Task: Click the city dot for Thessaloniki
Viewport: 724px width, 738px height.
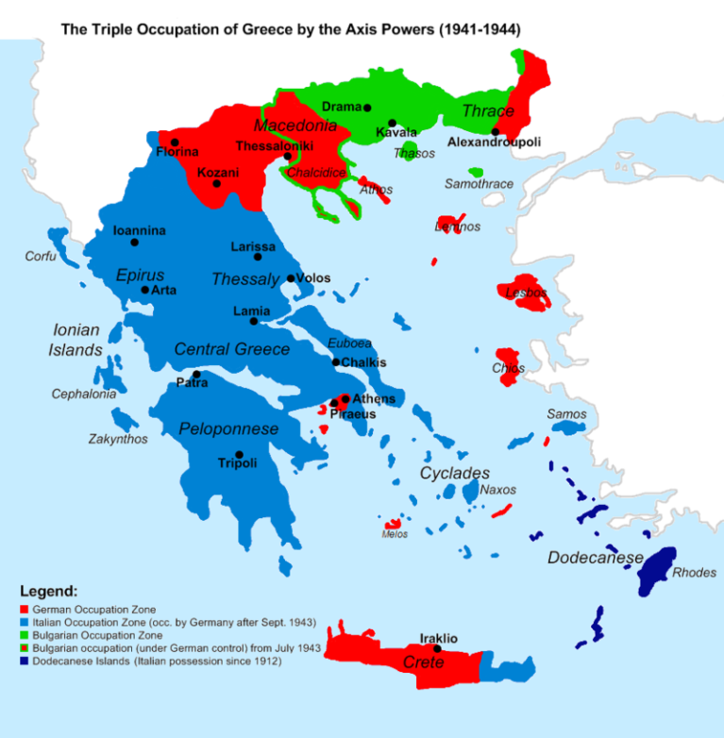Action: (287, 158)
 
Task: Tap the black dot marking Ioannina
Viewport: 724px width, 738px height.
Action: (134, 243)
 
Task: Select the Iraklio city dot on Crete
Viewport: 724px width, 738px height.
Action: (437, 648)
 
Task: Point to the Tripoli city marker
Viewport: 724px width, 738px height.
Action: (239, 454)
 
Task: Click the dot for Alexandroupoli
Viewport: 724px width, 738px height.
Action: (495, 131)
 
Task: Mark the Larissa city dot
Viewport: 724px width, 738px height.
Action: (258, 257)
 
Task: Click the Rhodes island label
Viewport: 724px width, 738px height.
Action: (694, 572)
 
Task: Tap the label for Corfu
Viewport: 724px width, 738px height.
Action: (41, 257)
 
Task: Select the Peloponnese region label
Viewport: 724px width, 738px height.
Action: (228, 429)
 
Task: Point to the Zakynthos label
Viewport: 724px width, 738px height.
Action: (118, 439)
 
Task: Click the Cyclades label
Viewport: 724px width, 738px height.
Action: (455, 473)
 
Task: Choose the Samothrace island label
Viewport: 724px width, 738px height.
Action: (479, 184)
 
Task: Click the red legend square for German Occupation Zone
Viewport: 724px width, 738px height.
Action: (24, 611)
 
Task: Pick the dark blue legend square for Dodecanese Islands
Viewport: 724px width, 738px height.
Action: (24, 662)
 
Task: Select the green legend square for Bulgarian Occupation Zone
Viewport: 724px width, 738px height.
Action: (24, 636)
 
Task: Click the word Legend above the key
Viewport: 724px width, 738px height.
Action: (48, 591)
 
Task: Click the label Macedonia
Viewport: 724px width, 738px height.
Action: (295, 126)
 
